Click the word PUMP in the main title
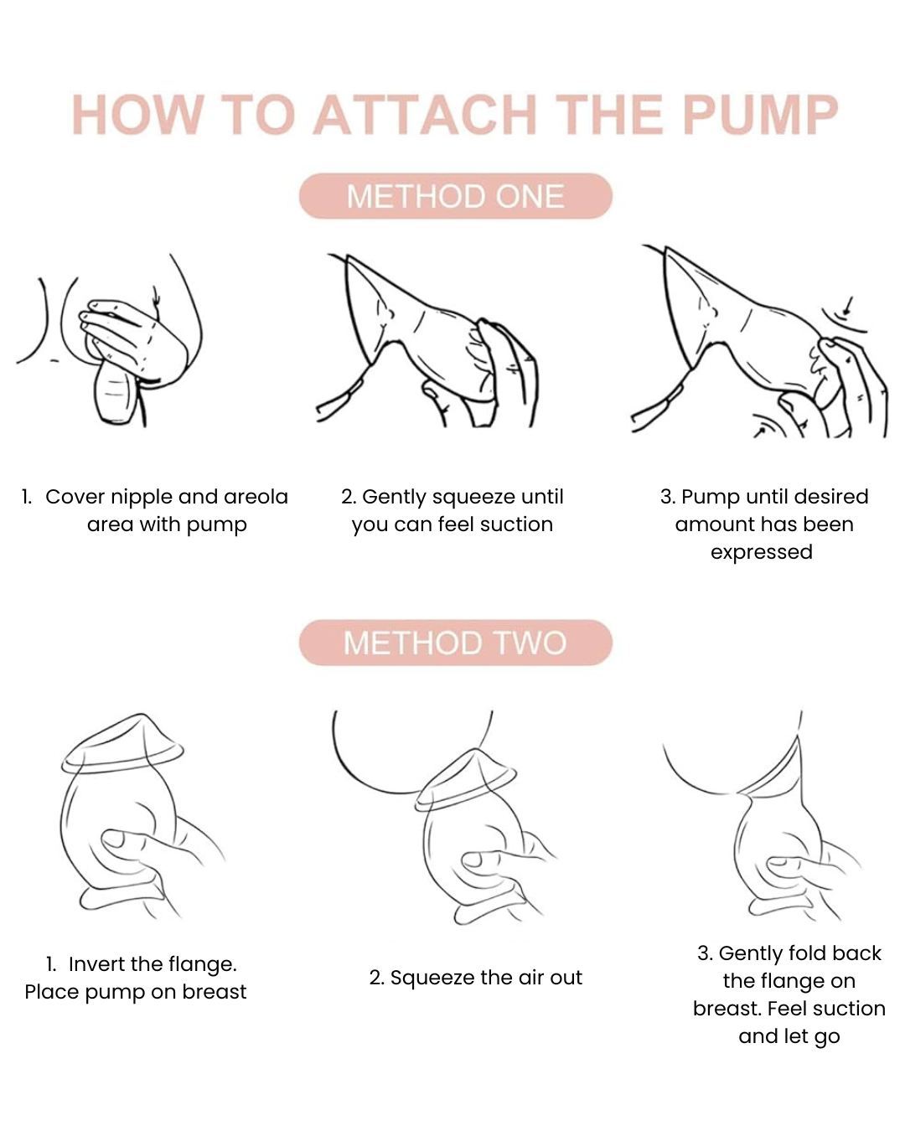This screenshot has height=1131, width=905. (x=760, y=115)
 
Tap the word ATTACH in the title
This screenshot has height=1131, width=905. (x=427, y=115)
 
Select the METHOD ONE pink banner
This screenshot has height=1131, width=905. (x=455, y=197)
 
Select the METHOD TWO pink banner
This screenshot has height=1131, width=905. (x=455, y=643)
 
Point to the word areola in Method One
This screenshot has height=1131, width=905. (x=256, y=497)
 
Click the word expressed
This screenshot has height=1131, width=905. (x=761, y=552)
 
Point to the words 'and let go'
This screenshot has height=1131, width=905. (x=789, y=1036)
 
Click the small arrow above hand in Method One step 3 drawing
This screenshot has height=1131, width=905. (x=848, y=305)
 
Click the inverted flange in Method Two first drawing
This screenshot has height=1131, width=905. (x=123, y=743)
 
